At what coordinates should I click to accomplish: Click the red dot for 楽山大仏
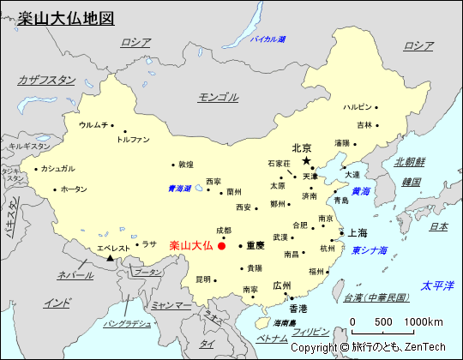(222, 246)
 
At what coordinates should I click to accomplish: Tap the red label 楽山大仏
(191, 246)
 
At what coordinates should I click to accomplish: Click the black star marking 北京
(306, 160)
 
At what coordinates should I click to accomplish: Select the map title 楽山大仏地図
(65, 18)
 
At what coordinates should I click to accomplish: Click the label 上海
(358, 232)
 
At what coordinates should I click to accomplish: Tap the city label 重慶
(255, 245)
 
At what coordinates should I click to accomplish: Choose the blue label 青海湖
(179, 189)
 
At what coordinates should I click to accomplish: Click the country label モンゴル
(218, 97)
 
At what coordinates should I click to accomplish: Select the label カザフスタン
(47, 80)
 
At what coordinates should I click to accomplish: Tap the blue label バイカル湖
(267, 39)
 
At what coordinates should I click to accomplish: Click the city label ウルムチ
(93, 125)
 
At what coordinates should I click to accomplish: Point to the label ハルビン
(358, 107)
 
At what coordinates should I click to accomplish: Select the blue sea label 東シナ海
(369, 250)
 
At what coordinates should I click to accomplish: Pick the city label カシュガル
(57, 168)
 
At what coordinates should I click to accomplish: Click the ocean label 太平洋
(435, 285)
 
